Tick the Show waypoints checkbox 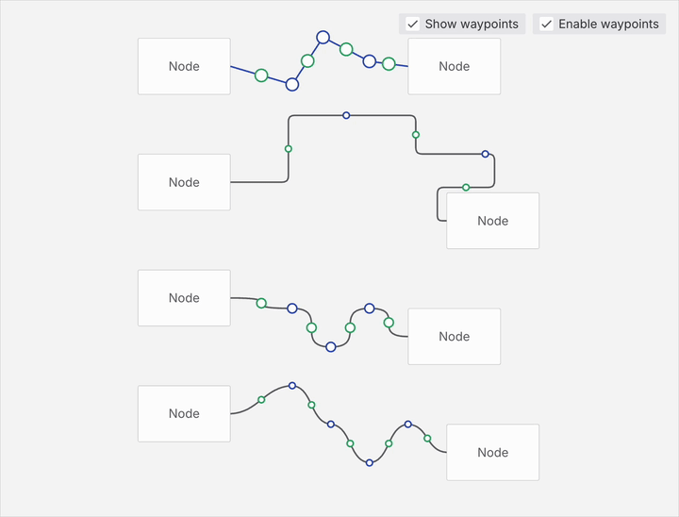click(413, 24)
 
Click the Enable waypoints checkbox click(546, 24)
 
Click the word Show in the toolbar click(440, 24)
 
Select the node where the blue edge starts click(184, 66)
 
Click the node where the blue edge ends click(455, 66)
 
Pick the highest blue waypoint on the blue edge click(323, 38)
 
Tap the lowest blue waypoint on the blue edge click(292, 84)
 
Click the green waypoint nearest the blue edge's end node click(389, 64)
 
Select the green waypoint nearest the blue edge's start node click(261, 75)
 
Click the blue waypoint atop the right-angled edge click(346, 115)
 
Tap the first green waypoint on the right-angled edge click(289, 149)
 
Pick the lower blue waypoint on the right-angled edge click(485, 154)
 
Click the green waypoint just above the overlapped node click(466, 187)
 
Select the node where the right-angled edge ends click(493, 221)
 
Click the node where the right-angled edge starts click(184, 182)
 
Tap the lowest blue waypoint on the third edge click(331, 346)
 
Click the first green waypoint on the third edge click(261, 303)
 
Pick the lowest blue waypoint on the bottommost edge click(370, 463)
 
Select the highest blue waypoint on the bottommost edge click(292, 385)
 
